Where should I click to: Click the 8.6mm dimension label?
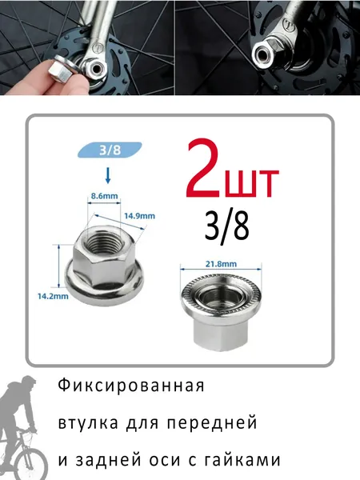104,196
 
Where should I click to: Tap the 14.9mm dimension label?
139,216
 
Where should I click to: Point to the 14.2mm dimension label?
53,296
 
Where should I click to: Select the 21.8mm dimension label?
221,263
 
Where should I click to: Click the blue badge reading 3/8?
110,150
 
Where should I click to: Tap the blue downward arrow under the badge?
107,176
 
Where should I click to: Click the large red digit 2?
204,170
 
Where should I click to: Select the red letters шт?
252,182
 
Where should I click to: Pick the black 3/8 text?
227,227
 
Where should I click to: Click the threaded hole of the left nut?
103,239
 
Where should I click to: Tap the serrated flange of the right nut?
221,292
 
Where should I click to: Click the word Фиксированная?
131,386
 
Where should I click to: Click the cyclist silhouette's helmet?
29,382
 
